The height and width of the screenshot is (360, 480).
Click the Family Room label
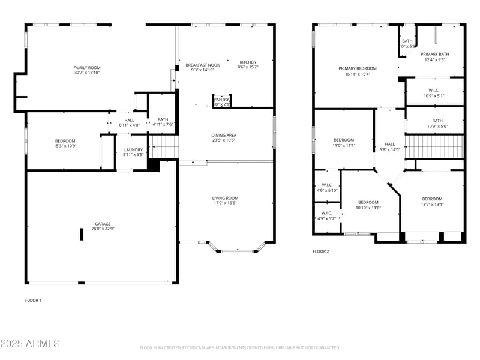point(87,67)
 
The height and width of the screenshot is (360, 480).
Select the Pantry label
point(221,100)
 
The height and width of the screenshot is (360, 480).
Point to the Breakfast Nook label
point(202,65)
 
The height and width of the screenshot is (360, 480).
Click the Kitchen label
point(248,62)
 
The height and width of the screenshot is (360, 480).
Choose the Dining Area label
point(223,136)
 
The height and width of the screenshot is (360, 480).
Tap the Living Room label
point(225,198)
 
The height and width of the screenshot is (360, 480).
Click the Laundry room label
point(133,149)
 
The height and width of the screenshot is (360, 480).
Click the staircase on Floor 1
point(164,146)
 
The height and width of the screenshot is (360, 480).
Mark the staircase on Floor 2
point(434,146)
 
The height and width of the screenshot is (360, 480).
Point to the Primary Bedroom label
point(358,68)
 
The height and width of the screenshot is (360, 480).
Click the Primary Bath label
point(434,54)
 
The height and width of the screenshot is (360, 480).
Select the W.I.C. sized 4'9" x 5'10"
point(327,185)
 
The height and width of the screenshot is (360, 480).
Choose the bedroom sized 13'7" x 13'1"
point(432,199)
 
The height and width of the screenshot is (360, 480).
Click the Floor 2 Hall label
point(390,144)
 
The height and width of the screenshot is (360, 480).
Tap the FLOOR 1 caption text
point(33,299)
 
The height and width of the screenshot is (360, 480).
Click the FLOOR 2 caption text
point(321,251)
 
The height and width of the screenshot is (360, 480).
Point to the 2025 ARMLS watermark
point(30,344)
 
